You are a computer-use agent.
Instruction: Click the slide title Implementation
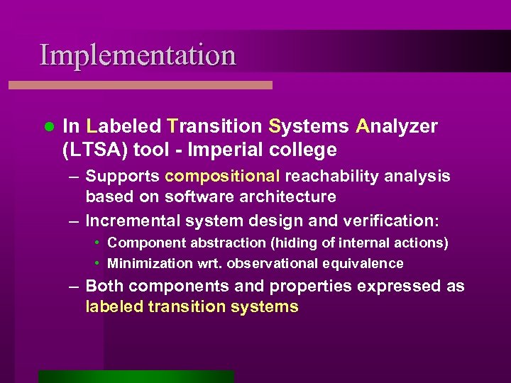pyautogui.click(x=138, y=55)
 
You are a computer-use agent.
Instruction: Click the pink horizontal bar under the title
pyautogui.click(x=141, y=84)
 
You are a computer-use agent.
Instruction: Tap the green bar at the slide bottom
pyautogui.click(x=136, y=376)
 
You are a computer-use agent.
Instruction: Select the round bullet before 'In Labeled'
pyautogui.click(x=48, y=126)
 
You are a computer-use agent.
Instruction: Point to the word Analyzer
pyautogui.click(x=397, y=126)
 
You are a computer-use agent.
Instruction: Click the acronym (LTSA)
pyautogui.click(x=92, y=150)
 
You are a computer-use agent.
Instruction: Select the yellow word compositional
pyautogui.click(x=222, y=176)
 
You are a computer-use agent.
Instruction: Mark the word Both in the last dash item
pyautogui.click(x=105, y=287)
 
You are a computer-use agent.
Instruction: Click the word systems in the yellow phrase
pyautogui.click(x=265, y=307)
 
